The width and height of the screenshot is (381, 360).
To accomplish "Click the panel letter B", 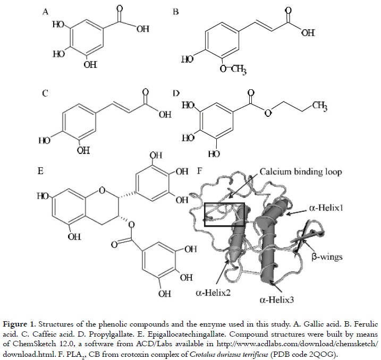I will coord(176,11).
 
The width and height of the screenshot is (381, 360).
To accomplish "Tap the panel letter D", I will coord(176,93).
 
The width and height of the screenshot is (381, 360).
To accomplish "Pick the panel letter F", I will coord(199,172).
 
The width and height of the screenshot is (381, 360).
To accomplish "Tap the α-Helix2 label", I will coord(210,292).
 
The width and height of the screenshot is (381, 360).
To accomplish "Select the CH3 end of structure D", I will coord(319,108).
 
